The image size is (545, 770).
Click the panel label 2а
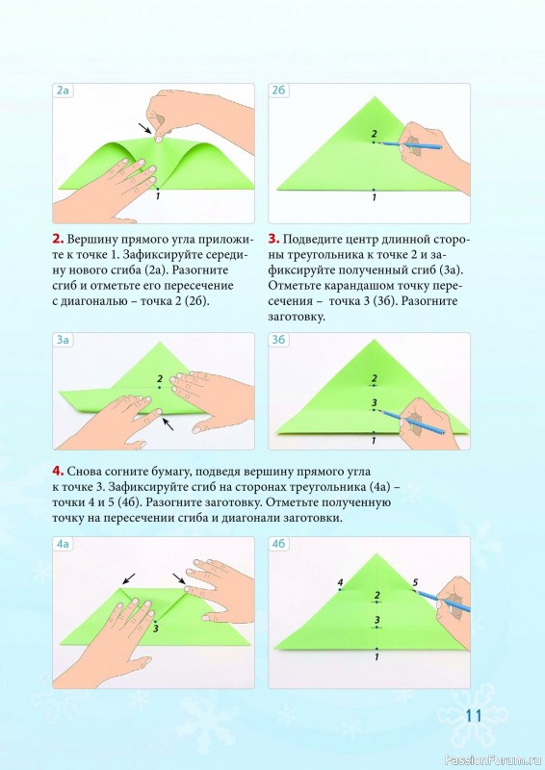coord(63,90)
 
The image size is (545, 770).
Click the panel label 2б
coord(278,90)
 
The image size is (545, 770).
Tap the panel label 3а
coord(63,340)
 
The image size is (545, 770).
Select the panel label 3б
coord(278,340)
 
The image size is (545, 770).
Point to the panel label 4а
coord(63,544)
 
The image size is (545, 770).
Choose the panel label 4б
coord(278,544)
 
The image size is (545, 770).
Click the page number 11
coord(474,715)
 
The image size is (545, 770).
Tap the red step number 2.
coord(58,240)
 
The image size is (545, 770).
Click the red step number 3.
coord(273,240)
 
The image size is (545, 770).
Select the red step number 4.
coord(58,472)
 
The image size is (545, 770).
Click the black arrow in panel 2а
coord(144,128)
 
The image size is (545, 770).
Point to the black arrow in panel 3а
coord(168,423)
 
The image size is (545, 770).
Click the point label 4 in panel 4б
coord(340,582)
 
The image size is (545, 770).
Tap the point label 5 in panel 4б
coord(415,582)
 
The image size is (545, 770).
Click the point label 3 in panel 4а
coord(155,629)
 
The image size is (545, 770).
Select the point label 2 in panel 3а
coord(160,379)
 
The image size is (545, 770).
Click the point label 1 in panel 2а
coord(158,196)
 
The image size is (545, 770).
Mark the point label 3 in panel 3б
coord(375,403)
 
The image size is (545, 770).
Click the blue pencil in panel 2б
coord(411,145)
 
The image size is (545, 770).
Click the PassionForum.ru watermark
coord(493,760)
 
